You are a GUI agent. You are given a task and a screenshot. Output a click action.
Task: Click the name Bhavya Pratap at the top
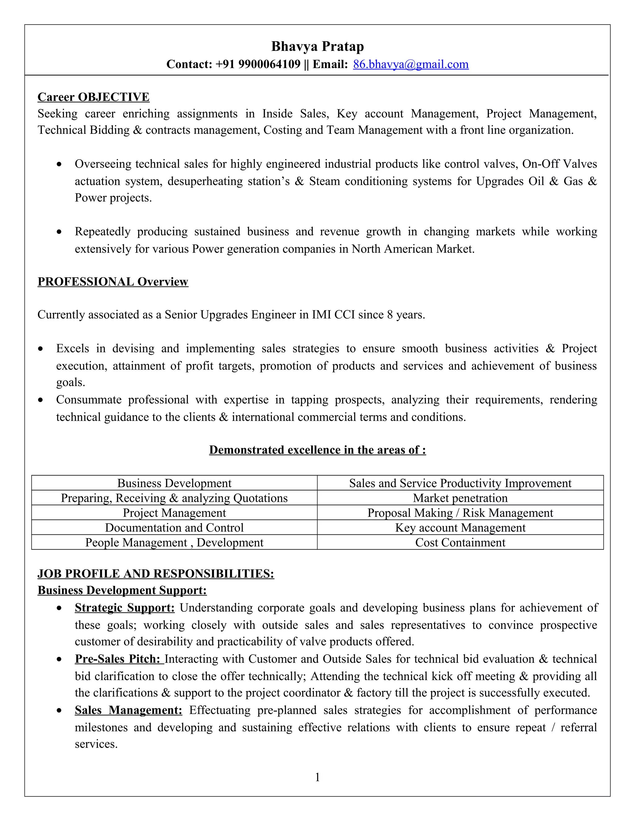pos(317,46)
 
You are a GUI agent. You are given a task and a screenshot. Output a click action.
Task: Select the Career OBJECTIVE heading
pos(93,97)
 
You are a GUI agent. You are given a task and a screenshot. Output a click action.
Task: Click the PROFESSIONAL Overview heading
pos(113,282)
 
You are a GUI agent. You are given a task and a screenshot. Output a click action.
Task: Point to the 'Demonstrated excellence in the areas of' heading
pos(317,450)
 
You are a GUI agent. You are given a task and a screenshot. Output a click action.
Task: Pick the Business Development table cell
pos(174,483)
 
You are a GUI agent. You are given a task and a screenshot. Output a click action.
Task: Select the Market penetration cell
pos(460,498)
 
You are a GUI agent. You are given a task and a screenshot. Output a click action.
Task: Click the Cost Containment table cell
pos(460,542)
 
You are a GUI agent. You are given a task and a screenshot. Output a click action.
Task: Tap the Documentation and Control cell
pos(174,528)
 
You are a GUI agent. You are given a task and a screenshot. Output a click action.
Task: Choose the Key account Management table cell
pos(460,528)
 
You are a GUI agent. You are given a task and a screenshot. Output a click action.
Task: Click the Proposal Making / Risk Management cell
pos(460,513)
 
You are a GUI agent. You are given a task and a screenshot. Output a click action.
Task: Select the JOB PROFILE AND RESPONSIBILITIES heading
pos(156,574)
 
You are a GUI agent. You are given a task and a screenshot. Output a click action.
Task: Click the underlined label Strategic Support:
pos(125,608)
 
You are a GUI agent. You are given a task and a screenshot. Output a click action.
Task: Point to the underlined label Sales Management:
pos(128,710)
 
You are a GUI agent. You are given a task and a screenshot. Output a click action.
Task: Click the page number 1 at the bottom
pos(317,777)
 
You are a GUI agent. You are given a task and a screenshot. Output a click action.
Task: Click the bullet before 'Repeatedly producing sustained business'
pos(59,232)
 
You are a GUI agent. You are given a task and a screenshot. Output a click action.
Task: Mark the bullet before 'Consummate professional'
pos(41,400)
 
